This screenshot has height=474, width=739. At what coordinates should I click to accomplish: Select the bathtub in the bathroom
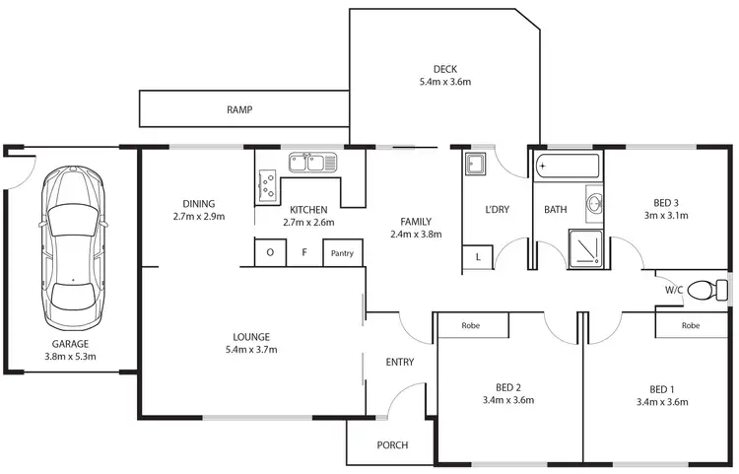click(567, 168)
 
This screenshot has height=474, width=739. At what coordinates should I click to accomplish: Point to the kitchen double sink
click(312, 162)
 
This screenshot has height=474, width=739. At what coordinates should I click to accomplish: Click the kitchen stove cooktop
click(267, 184)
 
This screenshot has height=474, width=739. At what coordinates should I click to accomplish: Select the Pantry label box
click(343, 253)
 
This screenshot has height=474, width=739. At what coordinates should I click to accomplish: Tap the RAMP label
click(240, 110)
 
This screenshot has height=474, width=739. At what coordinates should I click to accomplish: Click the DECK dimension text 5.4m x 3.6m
click(445, 83)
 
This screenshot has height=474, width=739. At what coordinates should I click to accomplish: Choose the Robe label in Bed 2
click(471, 325)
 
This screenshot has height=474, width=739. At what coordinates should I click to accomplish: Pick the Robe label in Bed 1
click(690, 325)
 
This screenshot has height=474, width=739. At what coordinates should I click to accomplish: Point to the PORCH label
click(392, 445)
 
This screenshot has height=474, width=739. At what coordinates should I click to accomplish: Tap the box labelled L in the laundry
click(478, 257)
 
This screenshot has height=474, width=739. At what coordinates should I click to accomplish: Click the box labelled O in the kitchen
click(270, 253)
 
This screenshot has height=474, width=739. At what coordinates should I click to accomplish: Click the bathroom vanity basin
click(593, 204)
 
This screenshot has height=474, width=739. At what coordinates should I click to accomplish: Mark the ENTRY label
click(400, 363)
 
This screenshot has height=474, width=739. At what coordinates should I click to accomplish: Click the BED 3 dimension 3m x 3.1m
click(662, 216)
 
